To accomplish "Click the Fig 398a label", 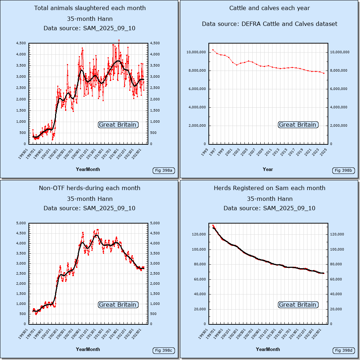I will click(x=164, y=170).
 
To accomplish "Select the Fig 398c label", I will click(x=164, y=350).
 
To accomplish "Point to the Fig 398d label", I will click(x=344, y=350).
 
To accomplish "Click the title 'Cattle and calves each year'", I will click(x=270, y=8).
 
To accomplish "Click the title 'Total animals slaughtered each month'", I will click(x=90, y=8).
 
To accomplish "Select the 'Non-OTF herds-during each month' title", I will click(x=90, y=188).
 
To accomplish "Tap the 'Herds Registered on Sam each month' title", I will click(x=270, y=188).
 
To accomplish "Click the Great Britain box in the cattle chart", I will click(x=297, y=125).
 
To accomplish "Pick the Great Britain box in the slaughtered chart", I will click(x=118, y=125).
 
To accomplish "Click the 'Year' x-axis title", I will click(x=268, y=169).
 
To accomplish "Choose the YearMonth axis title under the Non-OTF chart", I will click(x=88, y=349).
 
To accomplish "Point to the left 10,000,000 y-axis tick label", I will click(x=196, y=52).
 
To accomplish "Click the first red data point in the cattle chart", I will click(x=213, y=50).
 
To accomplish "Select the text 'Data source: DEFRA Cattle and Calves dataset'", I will click(x=270, y=24).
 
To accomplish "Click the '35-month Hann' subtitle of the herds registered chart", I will click(x=270, y=199).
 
